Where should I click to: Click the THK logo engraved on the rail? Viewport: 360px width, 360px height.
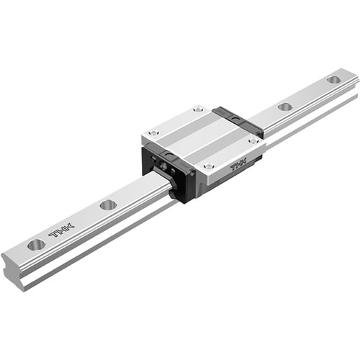pos(61,230)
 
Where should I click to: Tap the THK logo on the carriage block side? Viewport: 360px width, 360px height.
pos(238,165)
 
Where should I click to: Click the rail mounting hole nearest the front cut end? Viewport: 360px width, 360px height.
pos(36,245)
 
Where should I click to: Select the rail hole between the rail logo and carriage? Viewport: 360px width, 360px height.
pos(108,204)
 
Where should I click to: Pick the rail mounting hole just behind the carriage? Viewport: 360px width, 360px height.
pos(285,107)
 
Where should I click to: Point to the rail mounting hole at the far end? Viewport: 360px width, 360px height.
pos(333,79)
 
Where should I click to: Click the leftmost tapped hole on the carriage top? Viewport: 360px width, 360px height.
pos(153,132)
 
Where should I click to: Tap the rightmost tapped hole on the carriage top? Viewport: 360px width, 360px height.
pos(253,141)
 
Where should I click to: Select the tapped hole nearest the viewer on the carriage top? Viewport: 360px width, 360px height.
pos(209,166)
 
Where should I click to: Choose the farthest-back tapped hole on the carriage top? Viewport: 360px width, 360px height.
pos(198,109)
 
